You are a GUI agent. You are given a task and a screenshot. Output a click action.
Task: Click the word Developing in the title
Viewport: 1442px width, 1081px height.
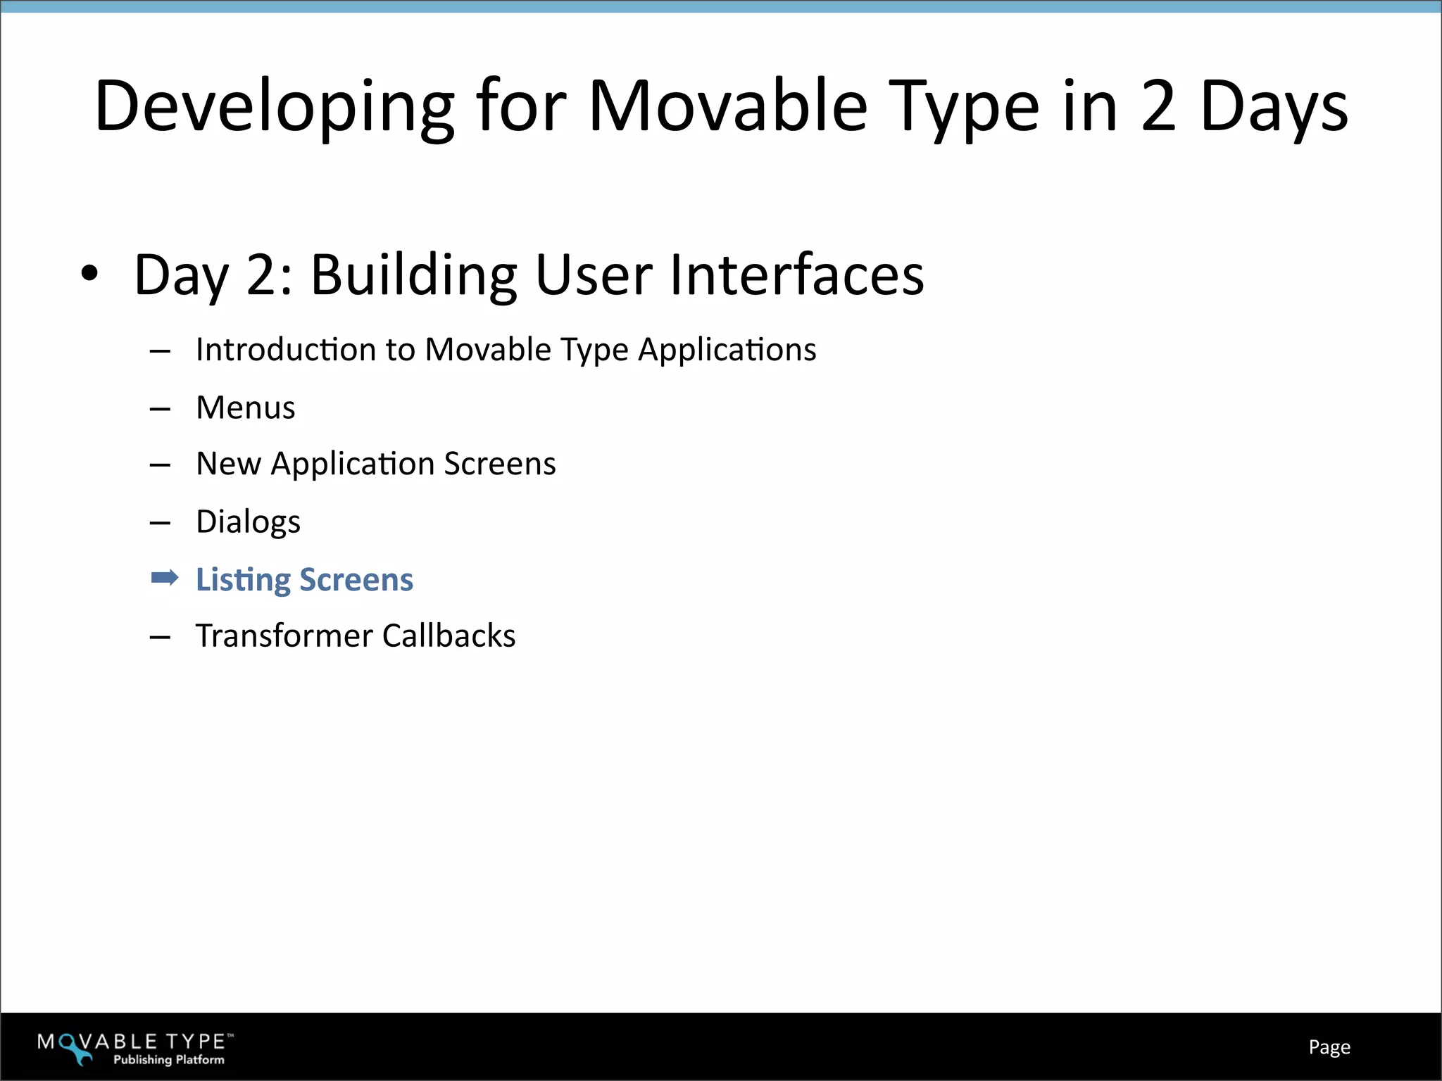[x=275, y=107]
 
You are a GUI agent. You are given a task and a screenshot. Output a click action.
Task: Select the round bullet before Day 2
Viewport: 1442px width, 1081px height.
[x=89, y=274]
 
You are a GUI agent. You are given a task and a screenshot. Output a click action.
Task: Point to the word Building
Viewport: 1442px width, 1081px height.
[x=414, y=274]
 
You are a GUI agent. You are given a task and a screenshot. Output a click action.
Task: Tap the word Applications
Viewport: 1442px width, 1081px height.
[x=727, y=350]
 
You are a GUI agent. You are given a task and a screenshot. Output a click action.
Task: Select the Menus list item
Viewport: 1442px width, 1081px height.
[x=245, y=407]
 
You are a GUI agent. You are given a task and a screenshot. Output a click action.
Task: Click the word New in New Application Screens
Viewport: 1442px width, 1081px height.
[x=228, y=464]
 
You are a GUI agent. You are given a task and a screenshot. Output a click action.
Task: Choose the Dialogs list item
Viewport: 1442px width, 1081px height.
[x=248, y=522]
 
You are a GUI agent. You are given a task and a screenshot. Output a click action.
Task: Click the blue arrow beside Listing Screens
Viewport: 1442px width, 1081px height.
[x=165, y=579]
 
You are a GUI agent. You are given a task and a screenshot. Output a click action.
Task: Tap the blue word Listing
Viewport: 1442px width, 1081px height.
[x=243, y=580]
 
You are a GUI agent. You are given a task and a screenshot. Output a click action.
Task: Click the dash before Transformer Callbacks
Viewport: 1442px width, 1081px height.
[x=161, y=638]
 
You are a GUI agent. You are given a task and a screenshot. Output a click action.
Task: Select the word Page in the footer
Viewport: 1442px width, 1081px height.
[x=1329, y=1047]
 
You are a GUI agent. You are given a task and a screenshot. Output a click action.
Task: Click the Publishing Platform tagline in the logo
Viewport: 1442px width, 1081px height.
[x=169, y=1059]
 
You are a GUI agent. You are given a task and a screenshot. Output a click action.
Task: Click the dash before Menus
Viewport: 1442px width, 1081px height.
[x=161, y=409]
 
